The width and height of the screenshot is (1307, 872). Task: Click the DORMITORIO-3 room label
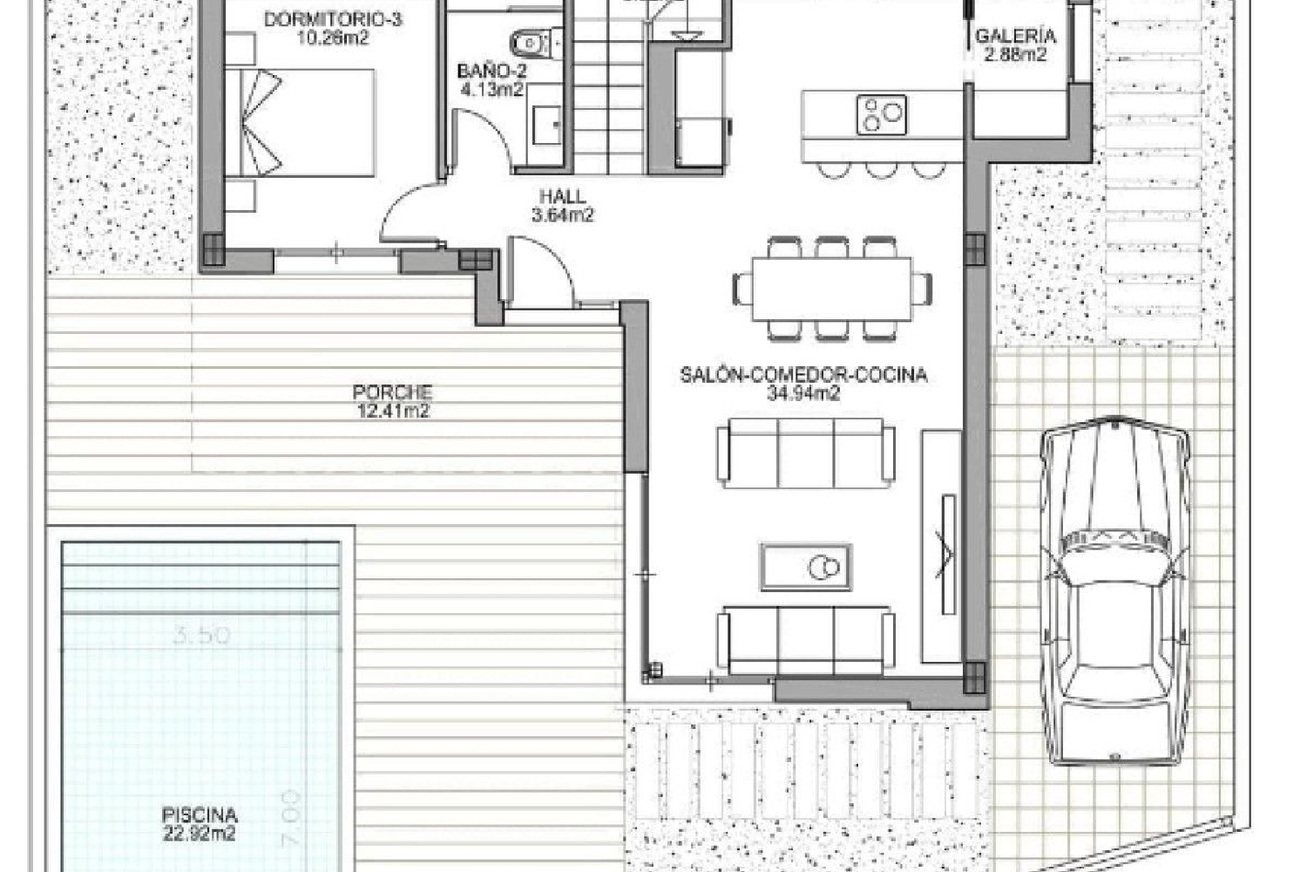[332, 18]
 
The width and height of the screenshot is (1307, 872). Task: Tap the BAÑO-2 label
[492, 72]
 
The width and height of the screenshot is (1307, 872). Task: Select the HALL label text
[562, 197]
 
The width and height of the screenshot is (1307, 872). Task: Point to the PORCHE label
[392, 392]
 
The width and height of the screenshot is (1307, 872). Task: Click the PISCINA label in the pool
[200, 815]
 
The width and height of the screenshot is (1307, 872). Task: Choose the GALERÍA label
[1015, 37]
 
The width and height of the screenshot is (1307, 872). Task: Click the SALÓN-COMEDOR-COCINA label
[803, 375]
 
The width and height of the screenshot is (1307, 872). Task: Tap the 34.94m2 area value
[803, 393]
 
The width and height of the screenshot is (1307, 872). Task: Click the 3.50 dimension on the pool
[201, 635]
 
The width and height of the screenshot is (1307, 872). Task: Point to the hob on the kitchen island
[882, 114]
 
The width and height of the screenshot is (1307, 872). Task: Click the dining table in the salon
[832, 288]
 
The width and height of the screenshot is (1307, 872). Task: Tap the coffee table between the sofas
[806, 567]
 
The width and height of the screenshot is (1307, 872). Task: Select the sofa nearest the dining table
[806, 453]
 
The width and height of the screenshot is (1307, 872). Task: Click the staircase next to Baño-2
[607, 96]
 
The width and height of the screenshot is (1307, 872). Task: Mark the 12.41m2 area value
[392, 412]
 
